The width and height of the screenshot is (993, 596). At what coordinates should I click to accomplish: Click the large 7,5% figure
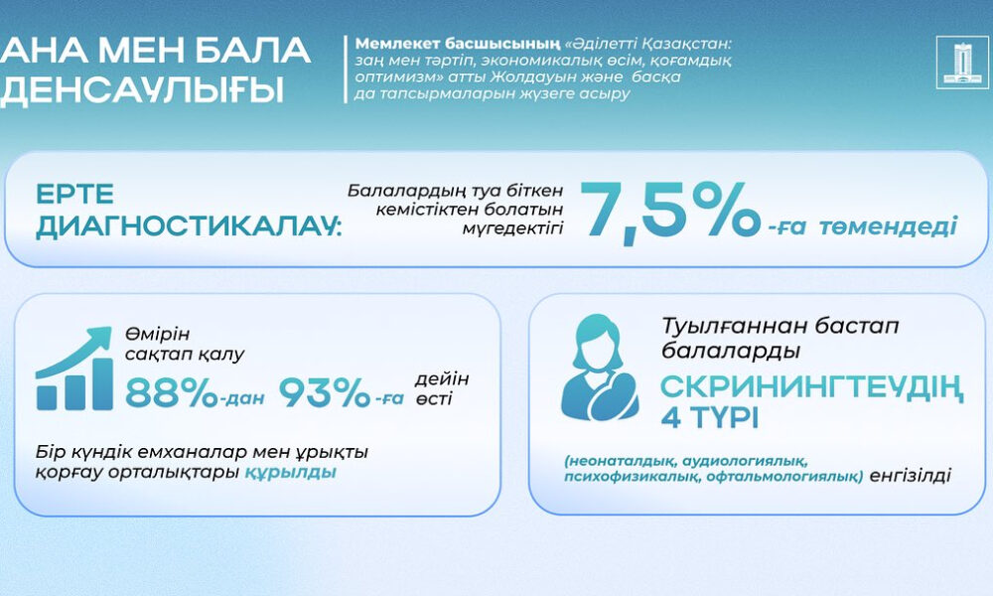(670, 211)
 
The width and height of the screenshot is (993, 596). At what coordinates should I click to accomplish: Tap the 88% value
(171, 392)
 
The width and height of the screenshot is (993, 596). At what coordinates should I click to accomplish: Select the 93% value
(325, 392)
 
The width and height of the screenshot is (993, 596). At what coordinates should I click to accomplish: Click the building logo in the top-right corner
(961, 62)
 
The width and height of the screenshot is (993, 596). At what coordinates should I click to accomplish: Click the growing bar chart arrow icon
(74, 369)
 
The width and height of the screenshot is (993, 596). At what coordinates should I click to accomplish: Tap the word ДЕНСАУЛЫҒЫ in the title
(142, 89)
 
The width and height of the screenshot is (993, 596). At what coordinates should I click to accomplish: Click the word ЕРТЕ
(74, 194)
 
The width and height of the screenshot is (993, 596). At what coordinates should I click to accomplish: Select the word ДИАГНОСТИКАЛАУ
(188, 226)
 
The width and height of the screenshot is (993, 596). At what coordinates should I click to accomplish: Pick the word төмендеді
(888, 226)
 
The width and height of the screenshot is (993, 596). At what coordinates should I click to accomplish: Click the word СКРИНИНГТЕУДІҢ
(812, 387)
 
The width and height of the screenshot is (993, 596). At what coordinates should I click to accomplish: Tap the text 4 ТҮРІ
(709, 418)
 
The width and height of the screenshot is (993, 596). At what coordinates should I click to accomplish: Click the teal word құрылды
(290, 473)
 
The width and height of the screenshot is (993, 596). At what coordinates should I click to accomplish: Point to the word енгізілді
(910, 475)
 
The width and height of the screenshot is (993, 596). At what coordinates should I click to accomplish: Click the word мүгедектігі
(512, 228)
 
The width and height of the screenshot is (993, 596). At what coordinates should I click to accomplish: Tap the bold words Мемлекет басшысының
(457, 44)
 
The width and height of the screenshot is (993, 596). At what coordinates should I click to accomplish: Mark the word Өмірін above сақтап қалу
(157, 334)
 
